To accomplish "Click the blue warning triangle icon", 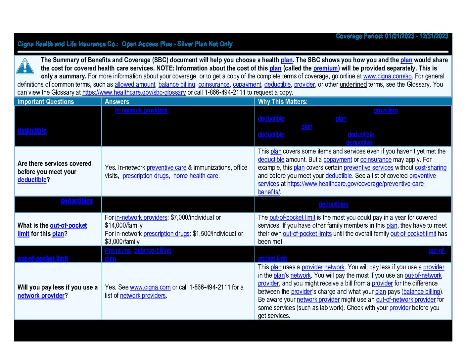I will coord(25,67).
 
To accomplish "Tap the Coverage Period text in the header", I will coord(392,36).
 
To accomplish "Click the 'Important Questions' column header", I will coord(46,102).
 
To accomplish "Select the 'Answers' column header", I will coord(117,102).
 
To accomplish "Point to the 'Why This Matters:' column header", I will coord(283,102).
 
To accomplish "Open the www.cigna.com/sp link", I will coord(387,76).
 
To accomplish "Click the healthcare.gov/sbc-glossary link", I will coord(134,93).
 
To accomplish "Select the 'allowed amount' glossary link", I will coord(135,85).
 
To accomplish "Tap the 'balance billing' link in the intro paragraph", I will coord(176,85).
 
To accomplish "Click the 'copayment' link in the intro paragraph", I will coord(247,85).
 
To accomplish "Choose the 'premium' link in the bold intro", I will coord(325,68).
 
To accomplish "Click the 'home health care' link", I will coord(196,176).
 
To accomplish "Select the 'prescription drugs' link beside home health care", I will coord(146,176).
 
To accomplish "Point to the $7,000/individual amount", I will coord(192,218).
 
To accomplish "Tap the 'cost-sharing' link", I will coord(431,168).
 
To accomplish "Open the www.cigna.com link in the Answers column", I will coord(150,288).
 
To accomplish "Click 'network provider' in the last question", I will coord(41,296).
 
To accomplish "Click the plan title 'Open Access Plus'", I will coord(147,44).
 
